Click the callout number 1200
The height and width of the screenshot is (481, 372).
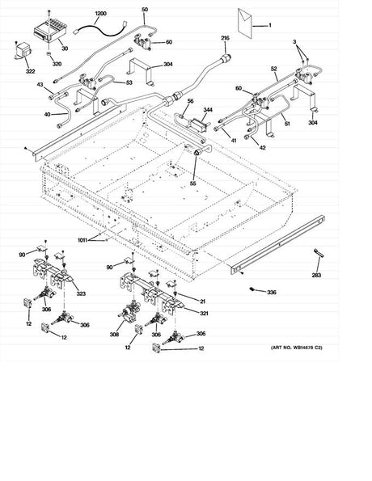pyautogui.click(x=100, y=15)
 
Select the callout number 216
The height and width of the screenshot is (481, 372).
pyautogui.click(x=225, y=38)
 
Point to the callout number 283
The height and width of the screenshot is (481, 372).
pyautogui.click(x=316, y=276)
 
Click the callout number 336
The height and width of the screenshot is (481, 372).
pyautogui.click(x=272, y=292)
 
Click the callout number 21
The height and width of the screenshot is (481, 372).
pyautogui.click(x=202, y=300)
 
